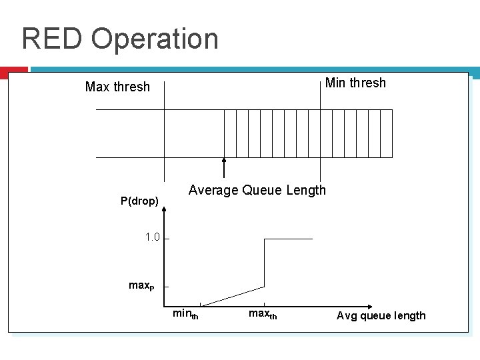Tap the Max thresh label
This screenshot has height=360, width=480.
[x=117, y=87]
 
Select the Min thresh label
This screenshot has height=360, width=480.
[x=355, y=83]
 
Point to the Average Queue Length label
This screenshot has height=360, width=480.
[x=257, y=190]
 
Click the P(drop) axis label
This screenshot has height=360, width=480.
[x=139, y=201]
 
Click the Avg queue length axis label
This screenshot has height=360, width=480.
[x=381, y=315]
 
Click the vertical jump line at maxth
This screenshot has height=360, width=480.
[x=265, y=263]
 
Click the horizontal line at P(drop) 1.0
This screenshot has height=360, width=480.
[x=288, y=239]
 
